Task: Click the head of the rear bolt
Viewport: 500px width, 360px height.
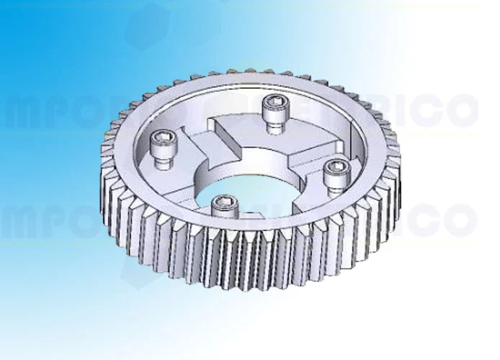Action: [x=274, y=102]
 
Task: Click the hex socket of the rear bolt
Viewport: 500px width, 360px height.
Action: [x=274, y=99]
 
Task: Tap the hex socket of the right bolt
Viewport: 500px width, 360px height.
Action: [x=335, y=166]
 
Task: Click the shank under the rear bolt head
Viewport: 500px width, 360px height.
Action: [x=274, y=124]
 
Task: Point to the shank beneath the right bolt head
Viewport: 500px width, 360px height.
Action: [x=334, y=186]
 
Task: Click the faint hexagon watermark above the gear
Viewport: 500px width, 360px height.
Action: [x=148, y=25]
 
